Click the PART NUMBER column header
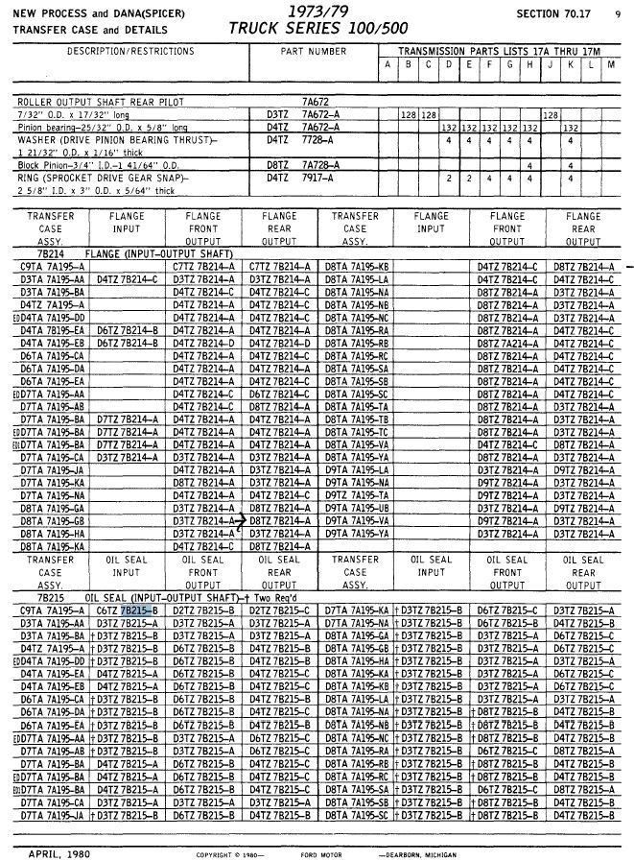[x=314, y=51]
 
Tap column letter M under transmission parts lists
[x=611, y=64]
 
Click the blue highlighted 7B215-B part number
[x=138, y=610]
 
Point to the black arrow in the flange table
[x=243, y=519]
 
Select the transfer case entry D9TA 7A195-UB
[x=356, y=507]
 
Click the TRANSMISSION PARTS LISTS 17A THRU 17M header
[x=498, y=50]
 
